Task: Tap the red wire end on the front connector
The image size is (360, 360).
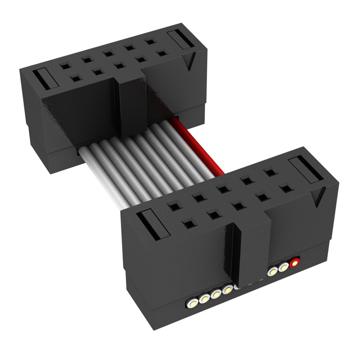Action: point(294,262)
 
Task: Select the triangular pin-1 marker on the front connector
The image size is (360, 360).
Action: point(321,197)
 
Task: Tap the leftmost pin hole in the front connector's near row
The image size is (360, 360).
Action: point(188,225)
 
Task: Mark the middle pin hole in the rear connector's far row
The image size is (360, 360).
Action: point(108,55)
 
